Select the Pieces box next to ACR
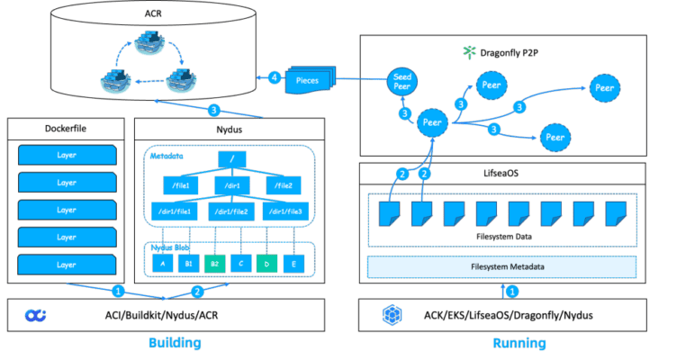(308, 80)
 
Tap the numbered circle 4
(275, 78)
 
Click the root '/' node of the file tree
(231, 160)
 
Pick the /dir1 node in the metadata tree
(231, 185)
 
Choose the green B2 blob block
(214, 263)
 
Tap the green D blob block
(267, 263)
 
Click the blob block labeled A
(162, 263)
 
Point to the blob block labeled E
(293, 263)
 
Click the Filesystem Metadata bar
(501, 267)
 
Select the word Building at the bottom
(175, 343)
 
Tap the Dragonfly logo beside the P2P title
(467, 50)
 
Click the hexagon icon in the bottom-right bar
(390, 315)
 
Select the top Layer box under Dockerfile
(68, 155)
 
